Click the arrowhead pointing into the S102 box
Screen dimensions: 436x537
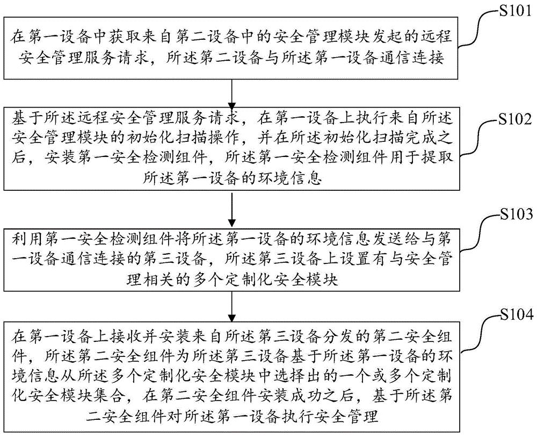pos(231,103)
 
